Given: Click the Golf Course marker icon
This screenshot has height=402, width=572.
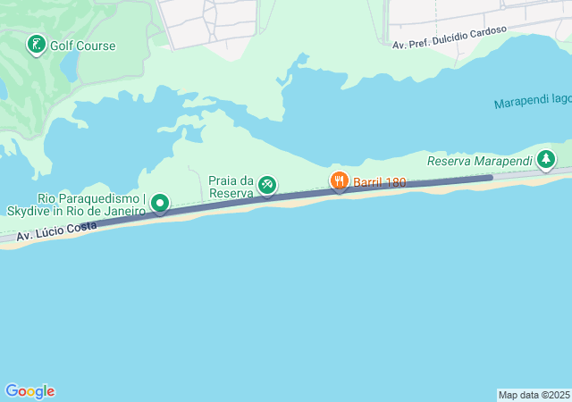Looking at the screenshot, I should pyautogui.click(x=36, y=45).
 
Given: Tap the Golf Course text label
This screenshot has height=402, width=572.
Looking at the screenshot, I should pyautogui.click(x=84, y=46).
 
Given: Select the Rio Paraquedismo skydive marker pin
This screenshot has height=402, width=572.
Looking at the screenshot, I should pyautogui.click(x=160, y=204).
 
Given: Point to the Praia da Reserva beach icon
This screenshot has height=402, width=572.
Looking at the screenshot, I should pyautogui.click(x=266, y=185).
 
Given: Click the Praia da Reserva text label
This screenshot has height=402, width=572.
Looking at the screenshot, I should pyautogui.click(x=231, y=186).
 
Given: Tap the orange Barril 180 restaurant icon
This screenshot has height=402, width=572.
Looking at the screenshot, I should pyautogui.click(x=339, y=182).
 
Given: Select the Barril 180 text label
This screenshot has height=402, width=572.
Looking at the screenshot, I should pyautogui.click(x=379, y=182).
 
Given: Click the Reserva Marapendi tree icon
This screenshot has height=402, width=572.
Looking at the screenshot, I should pyautogui.click(x=546, y=160).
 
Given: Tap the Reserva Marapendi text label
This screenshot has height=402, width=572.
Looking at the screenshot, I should pyautogui.click(x=479, y=161).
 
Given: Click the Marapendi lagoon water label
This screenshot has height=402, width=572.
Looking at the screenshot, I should pyautogui.click(x=533, y=103).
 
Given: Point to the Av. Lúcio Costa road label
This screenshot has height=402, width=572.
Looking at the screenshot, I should pyautogui.click(x=57, y=231).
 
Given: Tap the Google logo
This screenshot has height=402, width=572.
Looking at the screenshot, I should pyautogui.click(x=29, y=391).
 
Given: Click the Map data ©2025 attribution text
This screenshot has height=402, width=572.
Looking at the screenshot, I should pyautogui.click(x=533, y=394).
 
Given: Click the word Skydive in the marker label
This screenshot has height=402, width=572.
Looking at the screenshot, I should pyautogui.click(x=27, y=211).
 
